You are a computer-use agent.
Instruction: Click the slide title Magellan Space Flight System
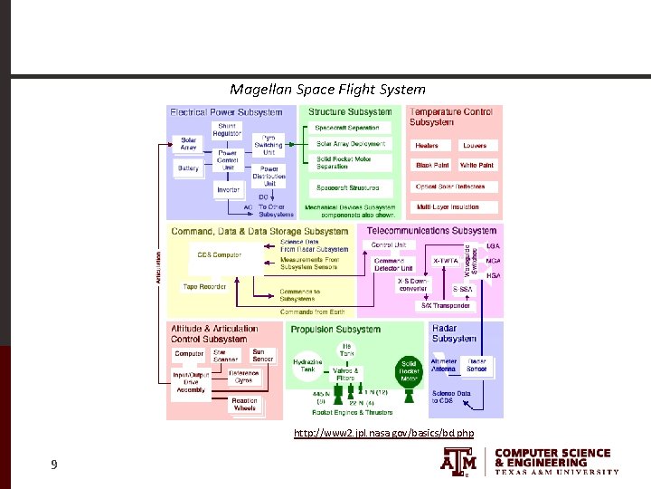[326, 89]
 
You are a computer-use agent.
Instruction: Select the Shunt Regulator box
[227, 130]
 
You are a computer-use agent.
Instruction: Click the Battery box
[188, 168]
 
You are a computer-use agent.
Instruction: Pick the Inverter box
[229, 189]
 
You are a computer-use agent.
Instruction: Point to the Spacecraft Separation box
[348, 128]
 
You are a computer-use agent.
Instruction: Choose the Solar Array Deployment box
[351, 143]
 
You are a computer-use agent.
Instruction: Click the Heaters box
[427, 145]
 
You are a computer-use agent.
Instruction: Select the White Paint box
[476, 166]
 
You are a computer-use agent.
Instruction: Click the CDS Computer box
[220, 255]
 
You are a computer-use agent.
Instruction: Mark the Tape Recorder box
[204, 286]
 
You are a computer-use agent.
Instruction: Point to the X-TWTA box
[444, 261]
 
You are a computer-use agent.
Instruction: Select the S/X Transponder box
[446, 305]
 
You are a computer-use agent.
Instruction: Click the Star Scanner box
[226, 357]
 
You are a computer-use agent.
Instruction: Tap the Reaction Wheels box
[245, 405]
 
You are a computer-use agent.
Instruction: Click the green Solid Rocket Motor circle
[409, 369]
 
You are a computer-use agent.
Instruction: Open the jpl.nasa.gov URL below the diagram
[383, 434]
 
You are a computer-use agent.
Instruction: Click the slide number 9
[54, 465]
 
